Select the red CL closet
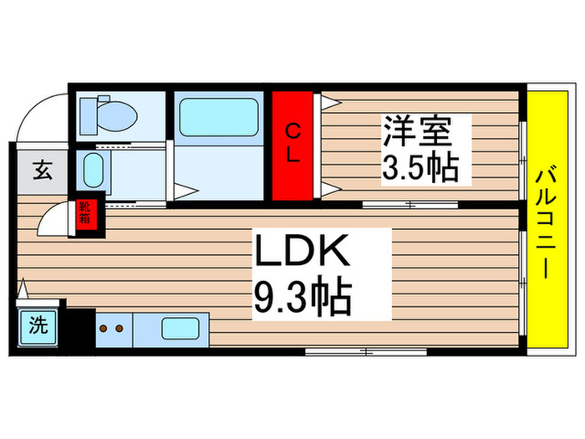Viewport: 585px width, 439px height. click(x=292, y=145)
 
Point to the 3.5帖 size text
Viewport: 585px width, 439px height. click(x=420, y=169)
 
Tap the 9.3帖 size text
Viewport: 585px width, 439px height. click(x=301, y=296)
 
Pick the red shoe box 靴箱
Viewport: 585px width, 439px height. click(x=86, y=213)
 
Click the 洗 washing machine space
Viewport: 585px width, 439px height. click(x=38, y=325)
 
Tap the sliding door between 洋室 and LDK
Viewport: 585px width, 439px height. click(x=409, y=204)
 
